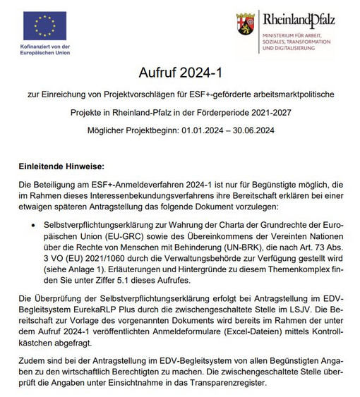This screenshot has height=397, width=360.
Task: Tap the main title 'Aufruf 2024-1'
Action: (x=180, y=73)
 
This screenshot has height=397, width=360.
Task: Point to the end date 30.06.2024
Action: (x=250, y=131)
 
